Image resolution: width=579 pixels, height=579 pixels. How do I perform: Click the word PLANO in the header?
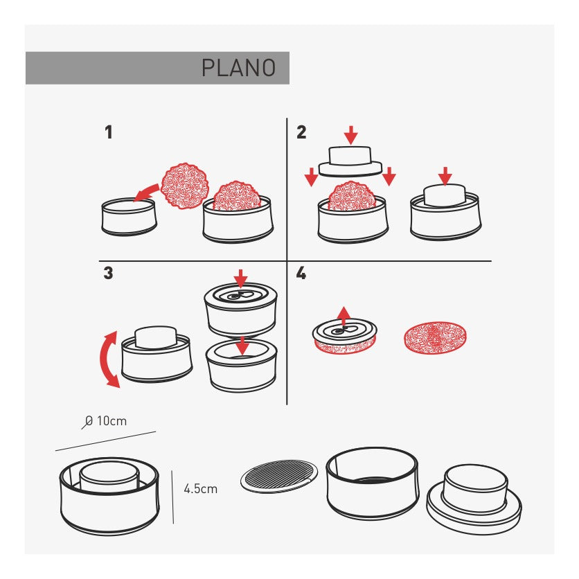click(x=238, y=68)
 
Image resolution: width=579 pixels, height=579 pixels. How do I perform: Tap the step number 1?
click(x=108, y=132)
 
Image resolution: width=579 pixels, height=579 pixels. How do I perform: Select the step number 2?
click(x=301, y=132)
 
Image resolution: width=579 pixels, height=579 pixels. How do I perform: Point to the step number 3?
click(x=108, y=273)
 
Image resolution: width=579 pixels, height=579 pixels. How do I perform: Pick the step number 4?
click(x=301, y=273)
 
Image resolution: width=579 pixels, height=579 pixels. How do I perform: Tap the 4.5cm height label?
click(x=201, y=489)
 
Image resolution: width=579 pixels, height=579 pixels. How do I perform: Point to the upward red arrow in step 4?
click(x=344, y=316)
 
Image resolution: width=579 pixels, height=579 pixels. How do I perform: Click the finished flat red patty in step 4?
click(x=435, y=337)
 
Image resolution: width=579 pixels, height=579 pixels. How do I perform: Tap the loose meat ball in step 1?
click(x=185, y=186)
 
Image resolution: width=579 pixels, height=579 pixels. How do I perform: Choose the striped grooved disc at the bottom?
click(x=279, y=476)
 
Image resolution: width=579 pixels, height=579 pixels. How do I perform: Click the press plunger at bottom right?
click(x=474, y=499)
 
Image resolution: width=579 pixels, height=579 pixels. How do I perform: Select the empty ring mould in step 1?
click(x=129, y=217)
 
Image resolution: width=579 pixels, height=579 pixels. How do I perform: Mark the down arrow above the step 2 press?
click(x=351, y=135)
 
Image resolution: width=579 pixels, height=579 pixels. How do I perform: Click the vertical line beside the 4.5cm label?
click(x=172, y=497)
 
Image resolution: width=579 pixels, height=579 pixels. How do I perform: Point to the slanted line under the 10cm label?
click(x=105, y=441)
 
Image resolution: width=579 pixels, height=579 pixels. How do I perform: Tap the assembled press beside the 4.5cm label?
click(x=109, y=496)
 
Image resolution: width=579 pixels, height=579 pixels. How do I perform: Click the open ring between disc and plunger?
click(x=373, y=483)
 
